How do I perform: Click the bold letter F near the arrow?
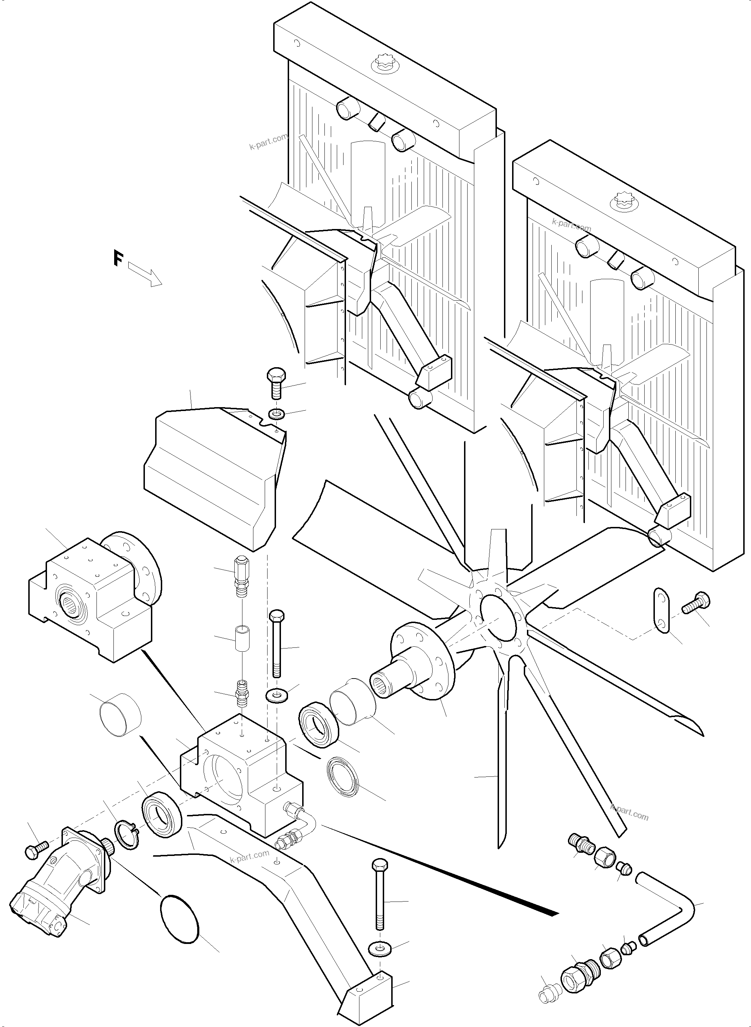(118, 258)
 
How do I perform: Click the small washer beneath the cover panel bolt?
(276, 414)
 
